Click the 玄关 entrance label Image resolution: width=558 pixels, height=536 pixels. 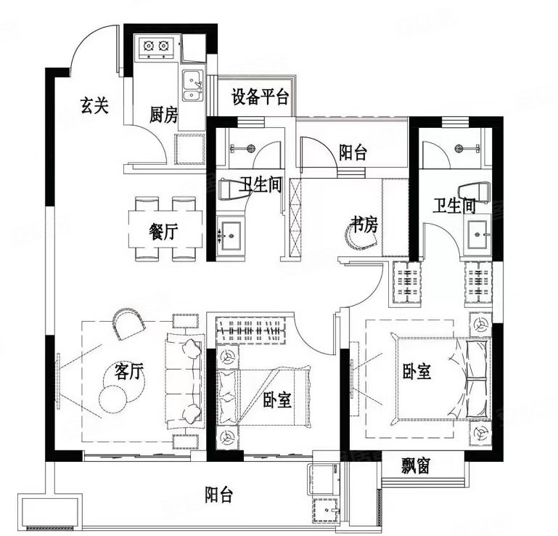click(94, 106)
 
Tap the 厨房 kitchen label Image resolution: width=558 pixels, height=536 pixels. click(163, 114)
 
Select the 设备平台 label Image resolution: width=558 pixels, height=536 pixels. click(260, 97)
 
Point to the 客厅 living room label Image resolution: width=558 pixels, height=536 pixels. click(130, 371)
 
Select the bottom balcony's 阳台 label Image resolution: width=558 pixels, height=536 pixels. click(218, 495)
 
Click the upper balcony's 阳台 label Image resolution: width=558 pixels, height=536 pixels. click(353, 152)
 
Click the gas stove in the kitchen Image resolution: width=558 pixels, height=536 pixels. click(157, 48)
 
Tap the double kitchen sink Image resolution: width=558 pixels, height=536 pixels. click(192, 86)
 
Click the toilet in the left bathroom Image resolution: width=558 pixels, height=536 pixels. click(231, 188)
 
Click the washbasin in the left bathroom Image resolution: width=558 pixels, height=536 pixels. click(232, 233)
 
